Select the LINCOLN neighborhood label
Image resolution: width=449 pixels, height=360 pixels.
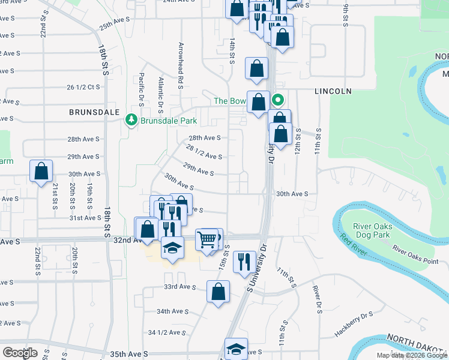tap(332, 91)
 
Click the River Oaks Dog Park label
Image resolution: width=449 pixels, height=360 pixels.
tap(373, 230)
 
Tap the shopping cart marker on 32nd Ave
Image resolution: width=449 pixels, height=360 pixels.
tap(207, 239)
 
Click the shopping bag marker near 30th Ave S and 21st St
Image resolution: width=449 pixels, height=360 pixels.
tap(41, 172)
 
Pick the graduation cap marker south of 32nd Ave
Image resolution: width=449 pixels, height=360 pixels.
tap(172, 248)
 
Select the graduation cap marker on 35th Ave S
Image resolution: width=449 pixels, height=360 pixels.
tap(237, 349)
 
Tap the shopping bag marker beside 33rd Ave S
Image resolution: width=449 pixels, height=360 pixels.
tap(218, 292)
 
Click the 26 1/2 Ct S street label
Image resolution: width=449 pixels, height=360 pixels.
tap(83, 87)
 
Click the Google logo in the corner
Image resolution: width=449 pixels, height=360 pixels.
tap(20, 353)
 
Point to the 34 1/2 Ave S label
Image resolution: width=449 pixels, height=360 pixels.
tap(167, 332)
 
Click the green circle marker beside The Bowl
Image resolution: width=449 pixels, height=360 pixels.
tap(277, 100)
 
